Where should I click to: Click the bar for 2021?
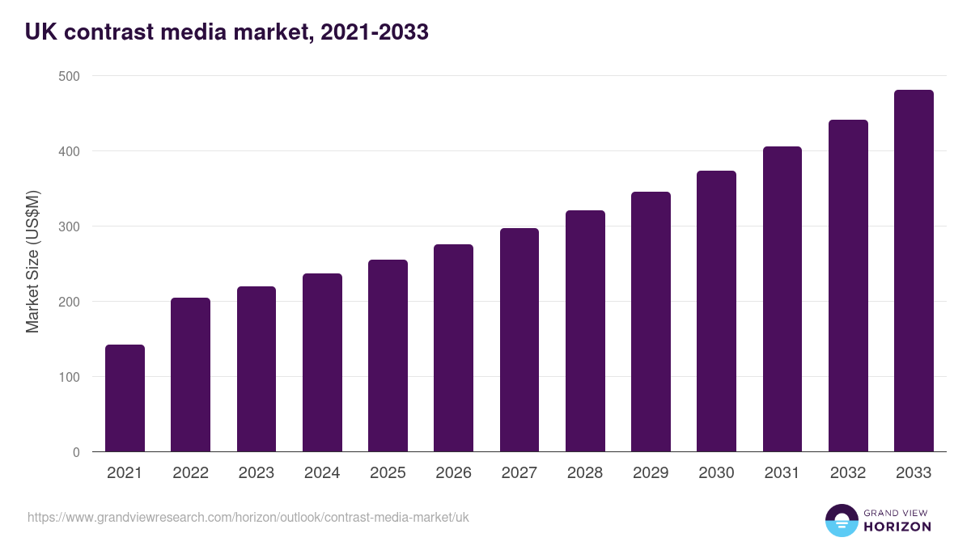pyautogui.click(x=125, y=398)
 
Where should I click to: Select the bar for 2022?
pyautogui.click(x=190, y=375)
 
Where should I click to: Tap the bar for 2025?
pyautogui.click(x=388, y=356)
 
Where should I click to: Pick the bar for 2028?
pyautogui.click(x=585, y=331)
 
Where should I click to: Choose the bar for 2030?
pyautogui.click(x=716, y=311)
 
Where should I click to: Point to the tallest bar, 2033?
pyautogui.click(x=914, y=271)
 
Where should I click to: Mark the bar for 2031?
pyautogui.click(x=782, y=299)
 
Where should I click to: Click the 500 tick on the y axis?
pyautogui.click(x=69, y=76)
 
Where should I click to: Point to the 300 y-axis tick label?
pyautogui.click(x=69, y=226)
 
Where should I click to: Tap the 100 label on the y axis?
pyautogui.click(x=69, y=377)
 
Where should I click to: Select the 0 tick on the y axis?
pyautogui.click(x=75, y=452)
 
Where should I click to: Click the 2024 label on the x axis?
pyautogui.click(x=322, y=473)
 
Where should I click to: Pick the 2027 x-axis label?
pyautogui.click(x=519, y=473)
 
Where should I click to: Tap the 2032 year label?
pyautogui.click(x=848, y=473)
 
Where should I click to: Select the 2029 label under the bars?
pyautogui.click(x=651, y=473)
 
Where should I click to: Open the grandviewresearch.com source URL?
pyautogui.click(x=248, y=517)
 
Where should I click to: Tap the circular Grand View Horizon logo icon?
pyautogui.click(x=842, y=520)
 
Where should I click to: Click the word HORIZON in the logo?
pyautogui.click(x=897, y=527)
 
